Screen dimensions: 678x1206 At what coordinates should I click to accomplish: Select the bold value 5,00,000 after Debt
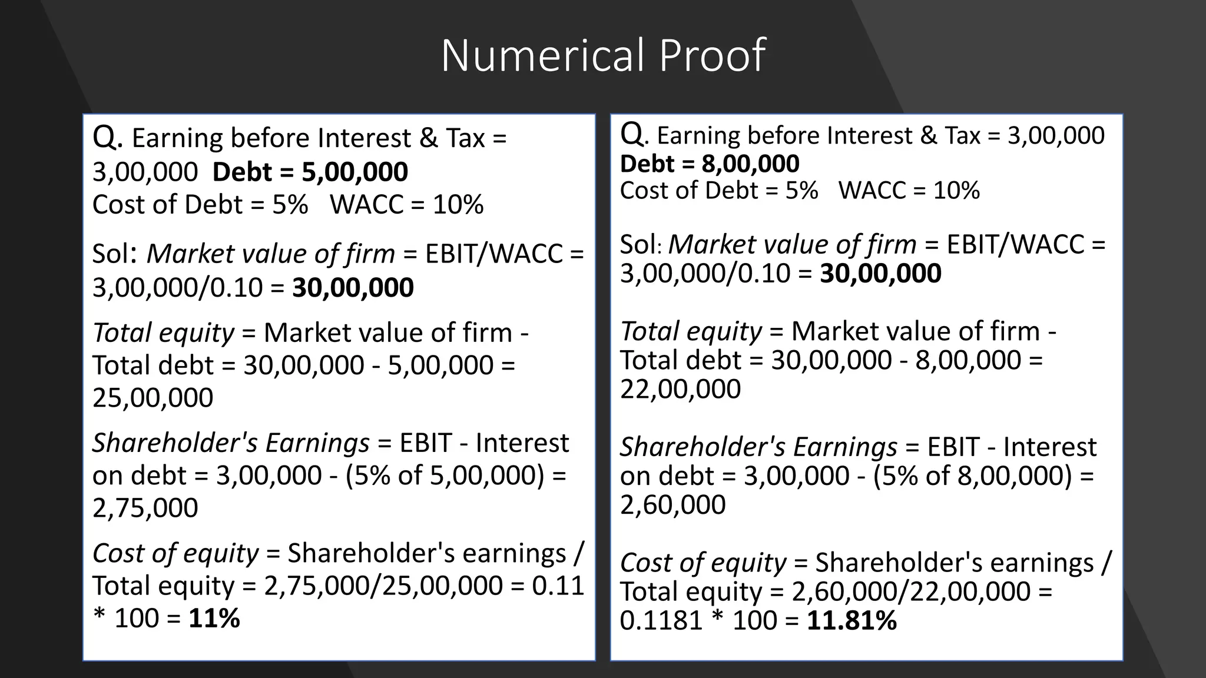[354, 172]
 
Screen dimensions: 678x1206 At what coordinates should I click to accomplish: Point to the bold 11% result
[214, 619]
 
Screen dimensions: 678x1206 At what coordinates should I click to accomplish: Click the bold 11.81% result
[852, 620]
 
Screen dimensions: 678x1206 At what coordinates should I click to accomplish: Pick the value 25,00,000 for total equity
[153, 398]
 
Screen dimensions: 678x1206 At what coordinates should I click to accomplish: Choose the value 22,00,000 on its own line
[680, 389]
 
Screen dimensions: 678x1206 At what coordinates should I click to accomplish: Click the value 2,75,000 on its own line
[145, 508]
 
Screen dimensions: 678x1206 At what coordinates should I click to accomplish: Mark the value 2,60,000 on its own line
[672, 505]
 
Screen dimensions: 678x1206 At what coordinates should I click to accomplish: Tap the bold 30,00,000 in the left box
[353, 288]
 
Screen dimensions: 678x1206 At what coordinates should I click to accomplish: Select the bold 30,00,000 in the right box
[880, 274]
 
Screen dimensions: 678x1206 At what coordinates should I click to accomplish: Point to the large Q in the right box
[632, 135]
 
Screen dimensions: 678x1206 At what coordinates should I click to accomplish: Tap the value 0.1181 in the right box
[661, 620]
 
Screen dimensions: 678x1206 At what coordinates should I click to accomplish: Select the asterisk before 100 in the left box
[98, 619]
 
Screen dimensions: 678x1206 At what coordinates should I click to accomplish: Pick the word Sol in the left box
[111, 254]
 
